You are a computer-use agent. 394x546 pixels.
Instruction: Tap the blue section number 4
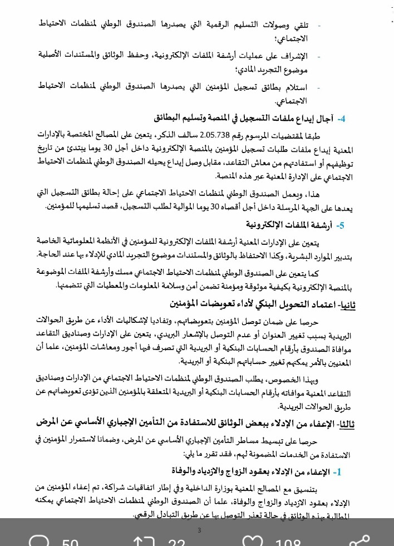[342, 119]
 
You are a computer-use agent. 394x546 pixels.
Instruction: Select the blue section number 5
[341, 225]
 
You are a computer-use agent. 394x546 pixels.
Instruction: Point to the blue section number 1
[336, 472]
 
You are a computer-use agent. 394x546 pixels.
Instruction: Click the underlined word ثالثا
[346, 424]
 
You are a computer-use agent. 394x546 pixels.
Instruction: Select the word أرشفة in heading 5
[322, 225]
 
